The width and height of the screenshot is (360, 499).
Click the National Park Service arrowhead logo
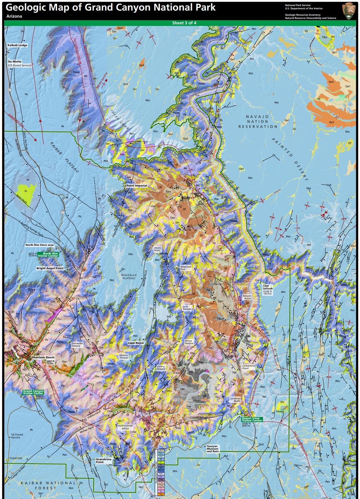click(349, 11)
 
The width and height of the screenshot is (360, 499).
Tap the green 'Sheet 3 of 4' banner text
click(182, 23)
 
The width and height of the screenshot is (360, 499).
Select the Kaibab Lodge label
click(18, 45)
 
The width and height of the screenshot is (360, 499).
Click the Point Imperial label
click(136, 186)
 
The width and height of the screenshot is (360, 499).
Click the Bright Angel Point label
click(50, 268)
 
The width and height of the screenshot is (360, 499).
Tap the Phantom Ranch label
click(43, 357)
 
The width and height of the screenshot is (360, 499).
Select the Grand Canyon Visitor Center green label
click(33, 392)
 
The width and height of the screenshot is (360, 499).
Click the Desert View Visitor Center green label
click(252, 420)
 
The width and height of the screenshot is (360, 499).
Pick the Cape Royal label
click(136, 343)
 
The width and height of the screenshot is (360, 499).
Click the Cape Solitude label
click(268, 287)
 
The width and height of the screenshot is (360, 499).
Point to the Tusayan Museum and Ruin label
click(213, 449)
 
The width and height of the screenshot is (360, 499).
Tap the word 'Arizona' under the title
click(14, 16)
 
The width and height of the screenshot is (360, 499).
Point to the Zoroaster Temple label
click(77, 345)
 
